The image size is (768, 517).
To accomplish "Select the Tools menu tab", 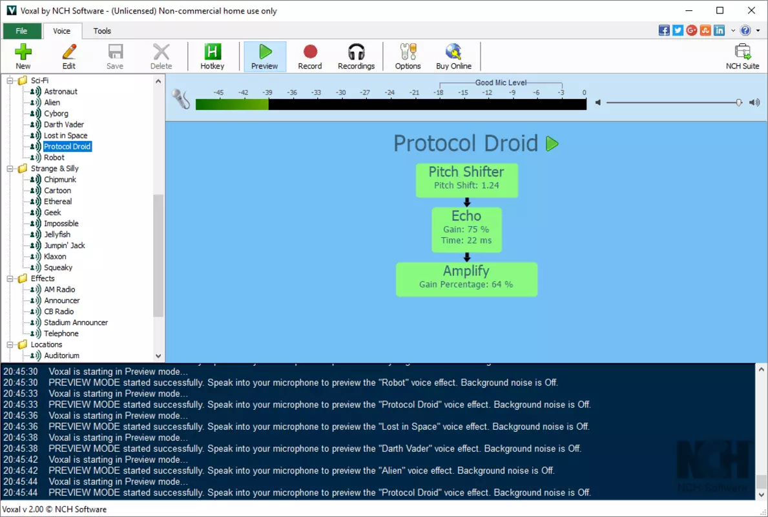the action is [102, 31].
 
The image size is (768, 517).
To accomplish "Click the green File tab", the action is [21, 31].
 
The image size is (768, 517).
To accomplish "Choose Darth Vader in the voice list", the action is [64, 125].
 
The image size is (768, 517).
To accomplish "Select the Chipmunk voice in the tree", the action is [60, 180].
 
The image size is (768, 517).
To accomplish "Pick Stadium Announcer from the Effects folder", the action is [76, 322].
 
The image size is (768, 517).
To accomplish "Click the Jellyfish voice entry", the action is [57, 234].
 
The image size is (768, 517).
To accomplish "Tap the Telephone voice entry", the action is [61, 333].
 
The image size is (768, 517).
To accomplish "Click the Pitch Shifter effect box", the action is [467, 180].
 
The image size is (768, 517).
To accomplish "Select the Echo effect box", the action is [466, 230].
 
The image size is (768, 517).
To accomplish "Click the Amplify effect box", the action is [466, 279].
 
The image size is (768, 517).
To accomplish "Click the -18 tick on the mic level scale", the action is [439, 92].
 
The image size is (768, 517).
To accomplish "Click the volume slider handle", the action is [739, 102].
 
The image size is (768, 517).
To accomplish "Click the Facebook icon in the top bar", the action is [663, 30].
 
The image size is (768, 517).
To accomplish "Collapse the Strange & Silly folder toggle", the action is [10, 169].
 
